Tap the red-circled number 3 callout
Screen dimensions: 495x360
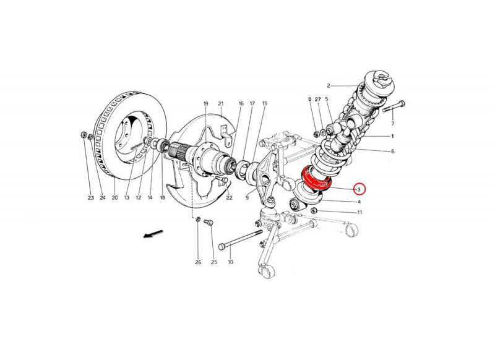pos(359,189)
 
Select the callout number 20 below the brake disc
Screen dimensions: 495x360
pos(114,198)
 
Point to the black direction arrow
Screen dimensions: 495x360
pos(153,234)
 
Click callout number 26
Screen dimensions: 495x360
pos(198,262)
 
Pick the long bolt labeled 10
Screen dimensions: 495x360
pos(241,239)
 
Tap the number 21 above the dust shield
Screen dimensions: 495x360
pos(220,103)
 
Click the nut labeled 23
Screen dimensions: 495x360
pos(84,134)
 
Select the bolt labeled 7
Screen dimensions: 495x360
pos(394,106)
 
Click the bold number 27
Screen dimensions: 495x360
pos(318,99)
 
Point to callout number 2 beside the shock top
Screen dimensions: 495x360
pos(329,85)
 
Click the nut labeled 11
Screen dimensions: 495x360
pos(314,211)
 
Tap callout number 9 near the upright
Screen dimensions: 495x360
pos(247,198)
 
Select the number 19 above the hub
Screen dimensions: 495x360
pos(206,103)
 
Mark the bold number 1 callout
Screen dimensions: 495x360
pos(392,136)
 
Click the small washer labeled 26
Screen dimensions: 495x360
pos(198,220)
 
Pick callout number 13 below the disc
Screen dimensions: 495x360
pos(127,198)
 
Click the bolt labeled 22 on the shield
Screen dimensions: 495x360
pos(222,180)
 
